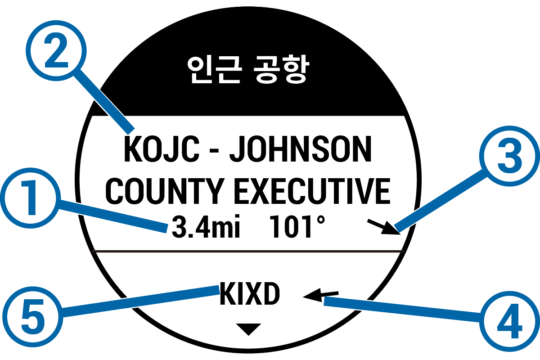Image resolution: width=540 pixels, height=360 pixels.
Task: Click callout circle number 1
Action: click(30, 198)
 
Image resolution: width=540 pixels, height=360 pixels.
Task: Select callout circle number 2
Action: click(56, 51)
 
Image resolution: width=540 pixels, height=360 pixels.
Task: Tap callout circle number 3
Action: click(509, 156)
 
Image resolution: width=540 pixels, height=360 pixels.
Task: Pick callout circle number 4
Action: click(509, 321)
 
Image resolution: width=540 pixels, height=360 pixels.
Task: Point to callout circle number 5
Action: click(33, 317)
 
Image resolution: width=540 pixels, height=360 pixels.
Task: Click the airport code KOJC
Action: click(162, 149)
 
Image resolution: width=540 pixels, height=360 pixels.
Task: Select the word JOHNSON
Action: click(301, 149)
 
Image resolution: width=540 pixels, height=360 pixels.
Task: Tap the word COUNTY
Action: click(164, 191)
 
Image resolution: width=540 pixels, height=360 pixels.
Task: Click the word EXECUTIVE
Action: click(312, 191)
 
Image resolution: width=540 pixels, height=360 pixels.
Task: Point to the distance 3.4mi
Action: click(206, 227)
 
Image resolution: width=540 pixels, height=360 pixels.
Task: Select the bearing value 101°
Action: click(297, 226)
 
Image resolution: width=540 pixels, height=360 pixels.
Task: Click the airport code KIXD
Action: click(249, 294)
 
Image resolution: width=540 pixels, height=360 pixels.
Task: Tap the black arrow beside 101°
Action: click(384, 227)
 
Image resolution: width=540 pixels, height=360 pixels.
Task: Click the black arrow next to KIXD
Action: click(320, 295)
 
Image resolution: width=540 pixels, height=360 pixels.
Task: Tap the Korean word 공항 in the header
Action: click(281, 69)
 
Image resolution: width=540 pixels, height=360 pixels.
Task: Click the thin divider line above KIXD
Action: click(248, 252)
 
